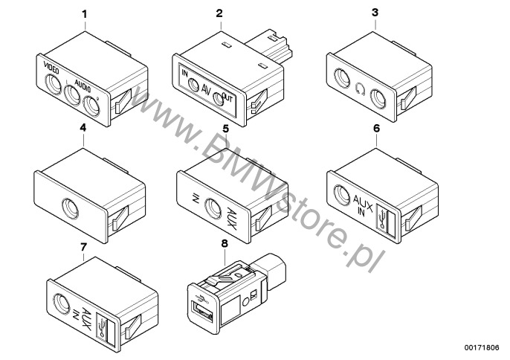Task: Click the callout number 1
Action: [x=85, y=14]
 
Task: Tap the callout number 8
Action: [x=225, y=243]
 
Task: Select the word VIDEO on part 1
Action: [x=51, y=68]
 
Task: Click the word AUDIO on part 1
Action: [x=83, y=86]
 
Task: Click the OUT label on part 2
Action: [x=227, y=97]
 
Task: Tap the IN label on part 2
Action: [x=184, y=74]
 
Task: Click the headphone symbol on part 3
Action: [x=360, y=89]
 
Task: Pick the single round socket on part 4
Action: [x=70, y=208]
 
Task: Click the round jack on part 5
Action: [x=213, y=208]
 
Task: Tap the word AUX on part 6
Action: [x=363, y=199]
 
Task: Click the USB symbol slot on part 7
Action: [x=105, y=330]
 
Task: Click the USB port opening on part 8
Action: [x=203, y=311]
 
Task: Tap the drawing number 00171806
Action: [x=482, y=347]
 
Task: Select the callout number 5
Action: [x=226, y=129]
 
